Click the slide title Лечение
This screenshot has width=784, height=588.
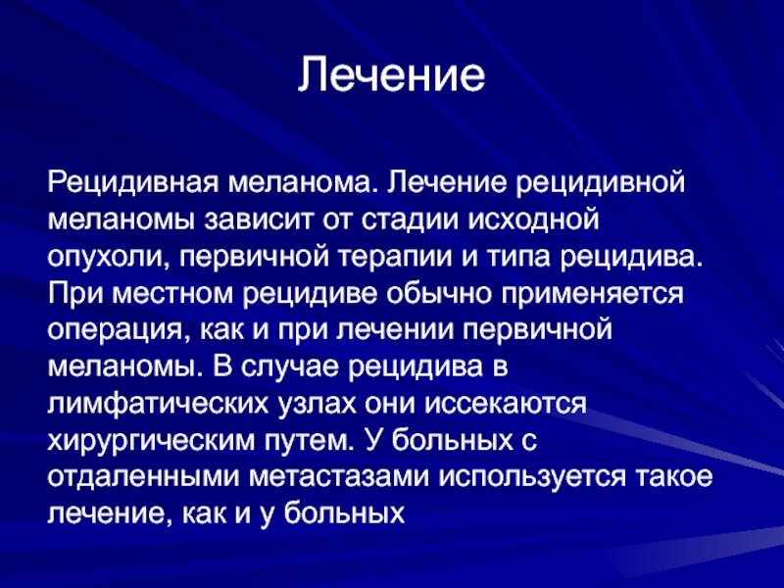click(x=391, y=74)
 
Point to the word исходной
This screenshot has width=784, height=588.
click(x=533, y=220)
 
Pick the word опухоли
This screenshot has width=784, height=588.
click(x=107, y=257)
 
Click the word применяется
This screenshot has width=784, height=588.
click(x=593, y=294)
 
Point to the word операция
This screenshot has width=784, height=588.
click(x=120, y=331)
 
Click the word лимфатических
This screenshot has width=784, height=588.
click(x=158, y=403)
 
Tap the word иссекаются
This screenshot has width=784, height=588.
click(x=505, y=405)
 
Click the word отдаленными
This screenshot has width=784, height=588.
click(x=143, y=478)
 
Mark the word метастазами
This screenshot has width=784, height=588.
click(x=339, y=478)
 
